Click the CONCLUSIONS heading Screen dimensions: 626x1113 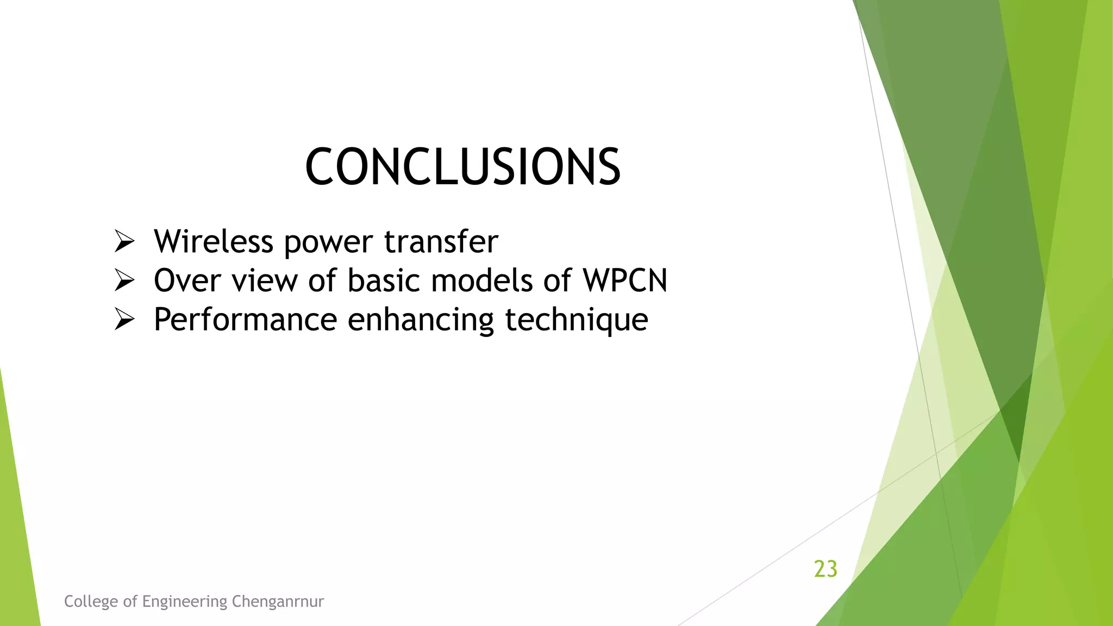point(462,167)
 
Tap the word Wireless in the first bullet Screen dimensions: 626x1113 point(213,241)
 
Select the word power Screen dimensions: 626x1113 point(328,242)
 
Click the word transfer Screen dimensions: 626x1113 point(441,241)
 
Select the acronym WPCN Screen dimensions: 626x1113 point(625,280)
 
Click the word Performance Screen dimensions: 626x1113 point(245,320)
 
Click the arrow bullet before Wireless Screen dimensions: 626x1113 point(124,241)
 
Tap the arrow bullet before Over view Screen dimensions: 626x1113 point(124,280)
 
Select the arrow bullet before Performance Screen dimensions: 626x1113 point(124,320)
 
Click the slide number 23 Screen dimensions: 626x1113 point(826,569)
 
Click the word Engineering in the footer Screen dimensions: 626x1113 point(185,602)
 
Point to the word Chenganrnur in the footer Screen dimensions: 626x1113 point(278,602)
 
